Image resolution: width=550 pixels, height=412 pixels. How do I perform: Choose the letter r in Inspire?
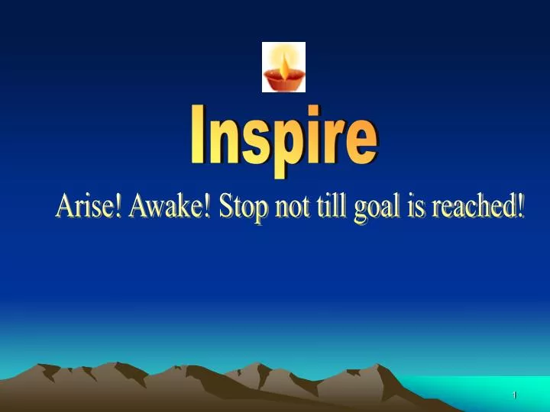coord(329,142)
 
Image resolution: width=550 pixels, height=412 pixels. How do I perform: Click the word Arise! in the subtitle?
coord(89,207)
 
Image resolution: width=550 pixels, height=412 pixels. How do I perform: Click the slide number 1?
coord(515,394)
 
